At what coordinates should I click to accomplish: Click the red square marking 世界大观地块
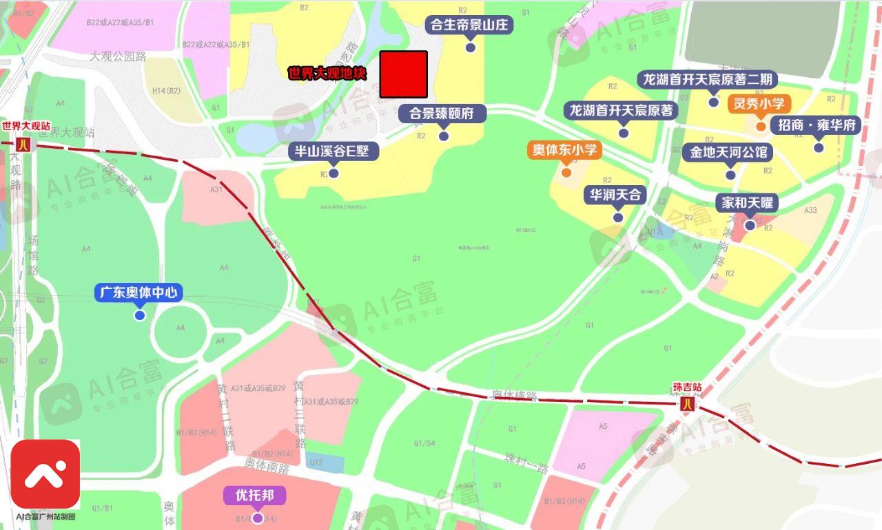tap(404, 74)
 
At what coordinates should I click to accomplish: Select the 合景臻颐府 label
tap(442, 114)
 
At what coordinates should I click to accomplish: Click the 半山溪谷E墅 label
tap(333, 151)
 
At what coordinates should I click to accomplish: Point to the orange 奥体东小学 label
tap(565, 149)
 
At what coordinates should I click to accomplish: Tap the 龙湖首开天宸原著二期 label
tap(708, 79)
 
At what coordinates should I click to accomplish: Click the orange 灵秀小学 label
tap(759, 104)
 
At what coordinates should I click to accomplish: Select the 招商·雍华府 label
tap(817, 125)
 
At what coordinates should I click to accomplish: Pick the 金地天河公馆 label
tap(728, 152)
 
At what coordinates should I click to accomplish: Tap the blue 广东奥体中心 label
tap(139, 293)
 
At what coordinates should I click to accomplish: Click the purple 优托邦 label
tap(255, 496)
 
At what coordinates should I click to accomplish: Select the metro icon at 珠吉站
tap(686, 405)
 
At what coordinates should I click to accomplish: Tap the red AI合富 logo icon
tap(45, 474)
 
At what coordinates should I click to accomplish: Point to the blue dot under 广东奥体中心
tap(140, 315)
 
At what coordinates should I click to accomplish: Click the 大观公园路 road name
tap(118, 56)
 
